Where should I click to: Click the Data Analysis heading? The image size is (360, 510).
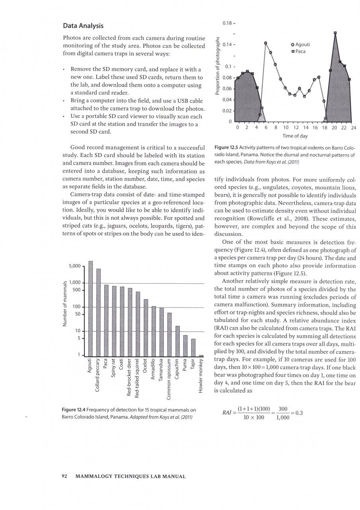83,26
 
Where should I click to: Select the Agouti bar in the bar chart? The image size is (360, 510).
90,309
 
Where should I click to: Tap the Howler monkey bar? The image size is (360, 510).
201,355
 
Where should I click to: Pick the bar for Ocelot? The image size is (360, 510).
146,328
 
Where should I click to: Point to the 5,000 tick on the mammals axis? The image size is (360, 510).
75,266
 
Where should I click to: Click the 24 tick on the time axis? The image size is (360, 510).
353,128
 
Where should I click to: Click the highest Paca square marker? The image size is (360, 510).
335,33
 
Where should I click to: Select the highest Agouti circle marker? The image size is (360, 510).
266,43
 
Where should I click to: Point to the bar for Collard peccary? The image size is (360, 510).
98,312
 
